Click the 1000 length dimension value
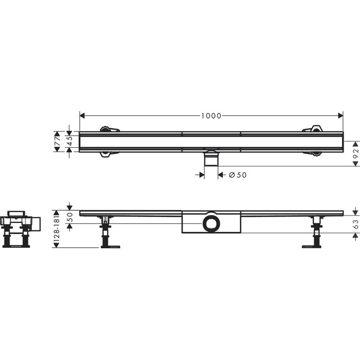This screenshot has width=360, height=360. point(211,116)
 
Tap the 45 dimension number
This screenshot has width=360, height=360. point(69,141)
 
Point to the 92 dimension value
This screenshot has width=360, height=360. point(356,153)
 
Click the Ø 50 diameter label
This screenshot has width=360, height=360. point(238,175)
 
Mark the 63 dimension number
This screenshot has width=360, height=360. point(356,224)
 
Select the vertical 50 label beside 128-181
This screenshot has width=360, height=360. point(69,217)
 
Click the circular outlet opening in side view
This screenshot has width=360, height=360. point(211,223)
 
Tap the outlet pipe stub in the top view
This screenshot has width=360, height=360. point(211,158)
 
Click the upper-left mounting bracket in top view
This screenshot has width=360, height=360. point(109,129)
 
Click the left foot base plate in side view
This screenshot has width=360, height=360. point(110,246)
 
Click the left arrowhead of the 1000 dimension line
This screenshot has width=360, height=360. point(83,116)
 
